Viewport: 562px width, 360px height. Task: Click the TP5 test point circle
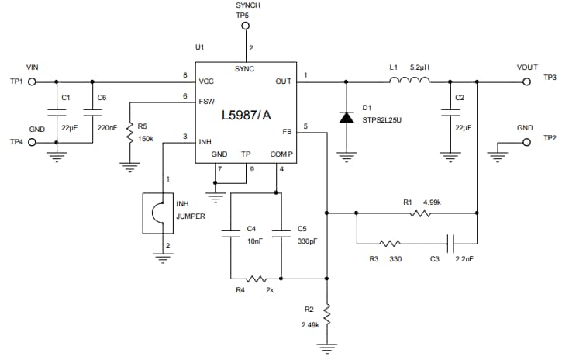[246, 26]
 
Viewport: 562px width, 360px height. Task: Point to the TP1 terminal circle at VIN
[33, 80]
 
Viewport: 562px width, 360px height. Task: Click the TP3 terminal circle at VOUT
[526, 80]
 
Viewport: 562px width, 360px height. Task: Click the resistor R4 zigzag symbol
[256, 279]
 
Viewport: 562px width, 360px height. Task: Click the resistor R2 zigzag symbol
[328, 314]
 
